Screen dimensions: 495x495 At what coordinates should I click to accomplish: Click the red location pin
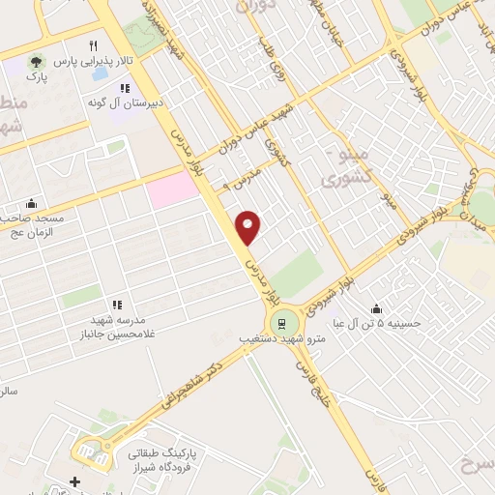249,226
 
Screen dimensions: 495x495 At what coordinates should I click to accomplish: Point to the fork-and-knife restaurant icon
93,44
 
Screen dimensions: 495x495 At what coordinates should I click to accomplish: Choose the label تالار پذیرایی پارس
94,60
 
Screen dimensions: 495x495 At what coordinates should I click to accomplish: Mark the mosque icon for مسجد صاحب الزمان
32,203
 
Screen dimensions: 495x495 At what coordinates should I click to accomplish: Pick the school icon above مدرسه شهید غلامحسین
117,306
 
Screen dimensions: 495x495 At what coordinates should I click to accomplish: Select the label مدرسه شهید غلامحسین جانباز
107,327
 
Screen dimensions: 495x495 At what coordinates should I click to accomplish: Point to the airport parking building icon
90,449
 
